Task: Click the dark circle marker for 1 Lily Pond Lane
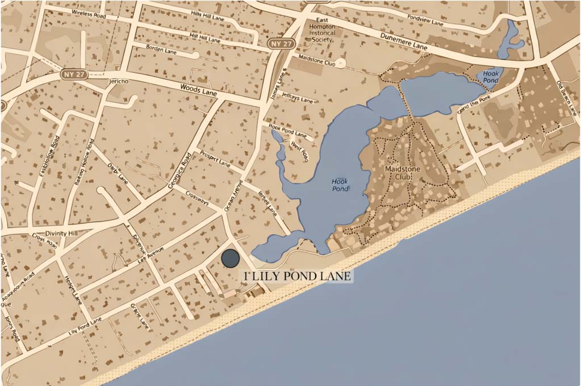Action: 230,258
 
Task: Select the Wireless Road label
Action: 90,13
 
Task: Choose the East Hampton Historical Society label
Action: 323,31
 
